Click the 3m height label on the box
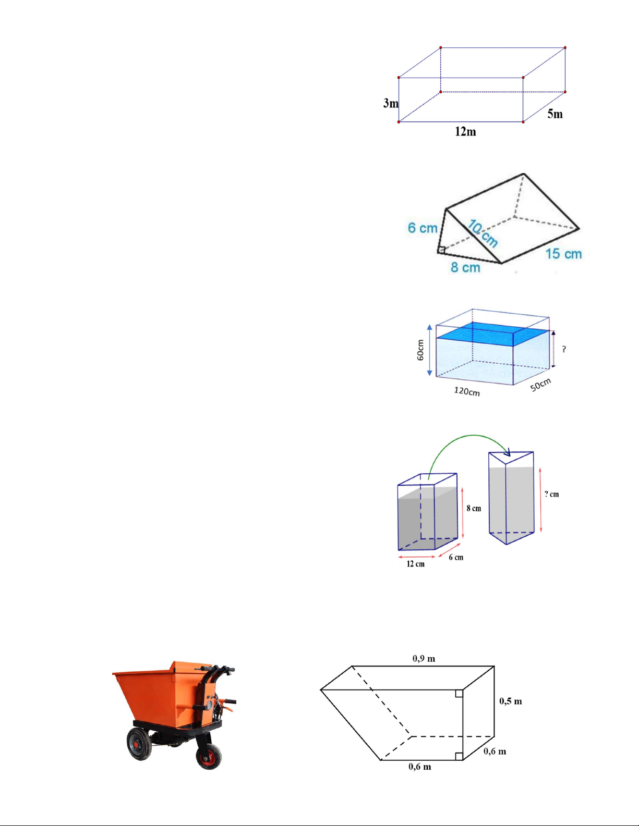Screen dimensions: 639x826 pos(391,103)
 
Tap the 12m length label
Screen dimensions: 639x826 pos(465,131)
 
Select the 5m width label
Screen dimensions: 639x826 pos(555,114)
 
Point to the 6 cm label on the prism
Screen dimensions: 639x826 pos(422,228)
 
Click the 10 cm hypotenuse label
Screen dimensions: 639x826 pos(483,233)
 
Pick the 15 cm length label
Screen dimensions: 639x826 pos(563,254)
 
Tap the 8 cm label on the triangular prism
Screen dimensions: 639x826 pos(465,267)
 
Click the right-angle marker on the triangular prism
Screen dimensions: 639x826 pos(442,250)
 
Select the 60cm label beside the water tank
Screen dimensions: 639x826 pos(420,350)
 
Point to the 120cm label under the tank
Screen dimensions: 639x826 pos(467,391)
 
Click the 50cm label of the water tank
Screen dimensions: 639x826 pos(540,385)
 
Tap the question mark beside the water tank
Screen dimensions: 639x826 pos(564,349)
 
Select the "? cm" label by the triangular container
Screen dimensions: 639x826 pos(551,494)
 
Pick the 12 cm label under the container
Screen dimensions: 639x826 pos(415,564)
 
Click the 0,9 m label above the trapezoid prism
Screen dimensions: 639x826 pos(424,658)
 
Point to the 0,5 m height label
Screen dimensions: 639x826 pos(511,701)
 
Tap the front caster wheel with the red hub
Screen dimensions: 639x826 pos(209,757)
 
